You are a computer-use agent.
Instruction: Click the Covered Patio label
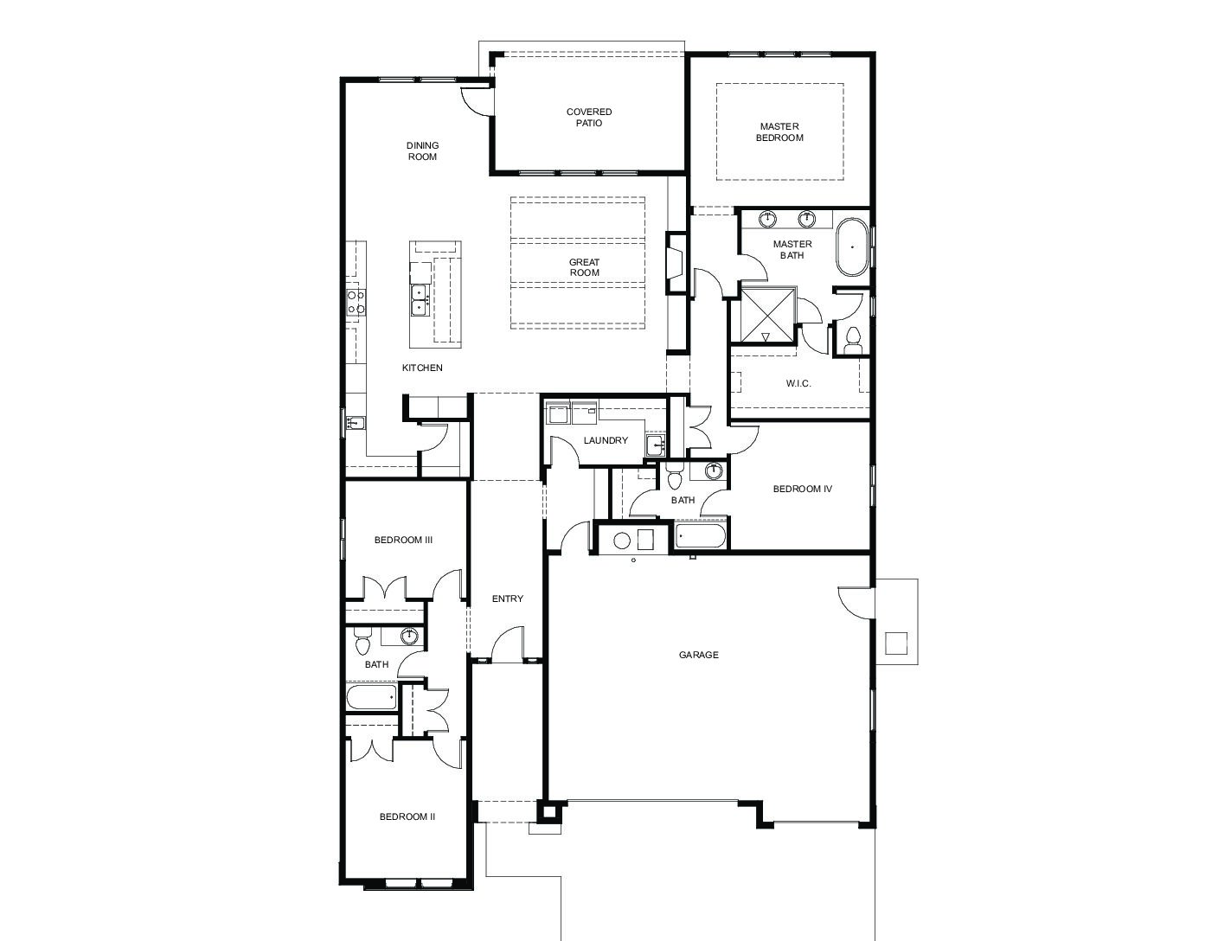click(x=588, y=117)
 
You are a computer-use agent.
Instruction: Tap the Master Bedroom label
click(x=779, y=131)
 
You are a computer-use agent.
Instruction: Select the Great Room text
click(x=584, y=266)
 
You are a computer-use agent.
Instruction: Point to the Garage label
click(x=698, y=654)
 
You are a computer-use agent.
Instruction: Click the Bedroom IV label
click(x=802, y=489)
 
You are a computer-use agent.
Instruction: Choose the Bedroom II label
click(x=407, y=816)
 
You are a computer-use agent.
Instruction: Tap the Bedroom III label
click(x=403, y=540)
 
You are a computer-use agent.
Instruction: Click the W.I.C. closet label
click(x=798, y=383)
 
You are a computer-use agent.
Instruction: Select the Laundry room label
click(x=606, y=440)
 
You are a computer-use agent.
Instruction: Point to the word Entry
click(x=507, y=599)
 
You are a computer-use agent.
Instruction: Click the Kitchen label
click(x=422, y=368)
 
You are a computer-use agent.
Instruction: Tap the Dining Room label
click(x=422, y=150)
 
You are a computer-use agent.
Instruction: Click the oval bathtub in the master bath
click(x=852, y=246)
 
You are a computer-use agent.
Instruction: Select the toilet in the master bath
click(x=853, y=340)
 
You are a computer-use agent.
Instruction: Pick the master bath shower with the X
click(x=767, y=315)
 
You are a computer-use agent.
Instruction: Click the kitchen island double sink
click(x=418, y=300)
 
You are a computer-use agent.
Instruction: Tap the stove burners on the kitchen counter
click(x=356, y=302)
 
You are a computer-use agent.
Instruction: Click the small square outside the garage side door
click(x=895, y=643)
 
